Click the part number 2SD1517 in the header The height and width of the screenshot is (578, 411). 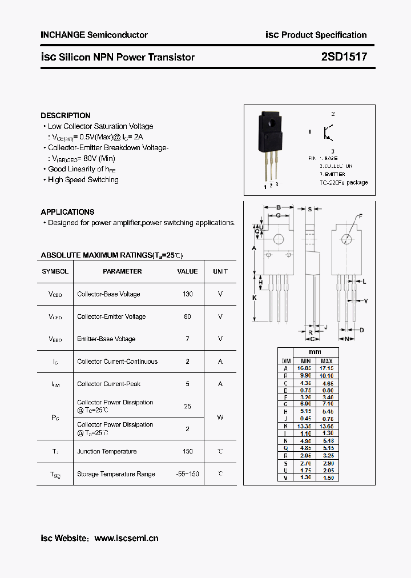pyautogui.click(x=344, y=57)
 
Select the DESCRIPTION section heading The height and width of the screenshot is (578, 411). pyautogui.click(x=65, y=115)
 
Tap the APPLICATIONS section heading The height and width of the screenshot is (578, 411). pyautogui.click(x=67, y=212)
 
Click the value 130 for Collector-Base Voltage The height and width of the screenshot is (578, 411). pyautogui.click(x=187, y=294)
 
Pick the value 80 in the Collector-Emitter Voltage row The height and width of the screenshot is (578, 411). pyautogui.click(x=187, y=316)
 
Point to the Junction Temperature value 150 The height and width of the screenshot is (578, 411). pyautogui.click(x=187, y=451)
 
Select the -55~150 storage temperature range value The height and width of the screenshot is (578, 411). pyautogui.click(x=187, y=474)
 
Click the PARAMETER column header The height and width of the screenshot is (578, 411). pyautogui.click(x=122, y=271)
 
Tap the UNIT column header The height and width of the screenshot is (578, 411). pyautogui.click(x=220, y=271)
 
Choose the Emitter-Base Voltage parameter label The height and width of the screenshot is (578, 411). pyautogui.click(x=106, y=339)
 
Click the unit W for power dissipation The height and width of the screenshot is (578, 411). pyautogui.click(x=220, y=418)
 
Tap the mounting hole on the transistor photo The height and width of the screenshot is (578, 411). pyautogui.click(x=270, y=121)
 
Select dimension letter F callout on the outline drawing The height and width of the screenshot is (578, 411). pyautogui.click(x=360, y=216)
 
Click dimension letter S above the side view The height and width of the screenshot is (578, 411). pyautogui.click(x=310, y=209)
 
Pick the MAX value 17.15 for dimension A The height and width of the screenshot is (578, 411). pyautogui.click(x=327, y=368)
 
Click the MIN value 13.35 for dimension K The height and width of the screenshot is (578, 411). pyautogui.click(x=305, y=426)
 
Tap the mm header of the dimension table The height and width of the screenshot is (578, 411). pyautogui.click(x=315, y=352)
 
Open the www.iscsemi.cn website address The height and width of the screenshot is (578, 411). pyautogui.click(x=126, y=538)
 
